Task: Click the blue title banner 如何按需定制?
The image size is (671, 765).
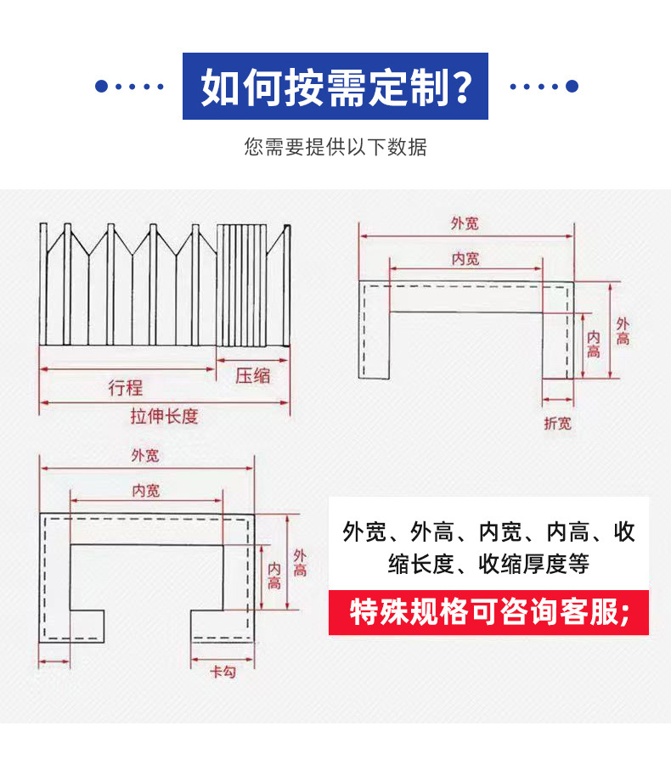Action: click(335, 87)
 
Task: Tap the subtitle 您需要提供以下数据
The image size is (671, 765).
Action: click(335, 147)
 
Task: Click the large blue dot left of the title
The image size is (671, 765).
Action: click(102, 87)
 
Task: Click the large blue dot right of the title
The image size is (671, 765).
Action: click(572, 87)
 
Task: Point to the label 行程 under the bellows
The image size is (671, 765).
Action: click(126, 388)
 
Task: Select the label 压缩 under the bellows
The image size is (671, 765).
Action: click(252, 374)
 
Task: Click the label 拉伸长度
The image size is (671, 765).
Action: click(164, 416)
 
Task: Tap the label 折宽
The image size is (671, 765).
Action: click(557, 423)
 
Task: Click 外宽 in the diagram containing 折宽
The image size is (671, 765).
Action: click(465, 223)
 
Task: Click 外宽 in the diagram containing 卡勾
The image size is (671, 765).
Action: click(145, 455)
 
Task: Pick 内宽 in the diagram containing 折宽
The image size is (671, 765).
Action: click(465, 258)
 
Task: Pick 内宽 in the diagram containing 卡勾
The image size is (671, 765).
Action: click(145, 490)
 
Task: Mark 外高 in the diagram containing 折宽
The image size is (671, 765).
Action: click(623, 331)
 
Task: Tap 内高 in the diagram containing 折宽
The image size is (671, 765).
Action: click(594, 344)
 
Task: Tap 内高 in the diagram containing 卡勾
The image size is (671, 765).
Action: click(273, 576)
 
